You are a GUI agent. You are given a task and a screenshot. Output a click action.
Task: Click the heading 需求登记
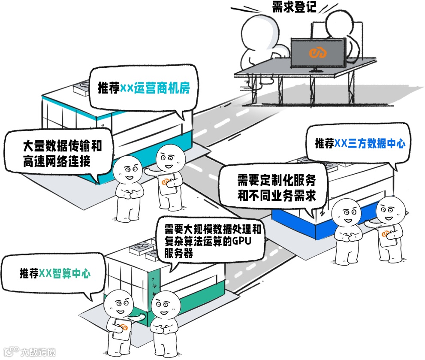pos(294,7)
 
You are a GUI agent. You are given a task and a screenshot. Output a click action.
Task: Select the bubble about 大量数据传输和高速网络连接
pos(59,153)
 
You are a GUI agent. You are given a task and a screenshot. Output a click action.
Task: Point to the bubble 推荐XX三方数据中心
pos(359,144)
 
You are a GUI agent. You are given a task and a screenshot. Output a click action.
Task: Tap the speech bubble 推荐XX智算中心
pos(54,273)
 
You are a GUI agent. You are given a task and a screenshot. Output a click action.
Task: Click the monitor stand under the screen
pos(317,69)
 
